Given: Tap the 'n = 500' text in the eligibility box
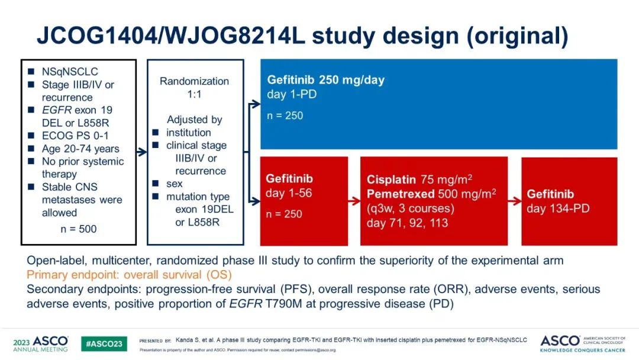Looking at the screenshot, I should pyautogui.click(x=79, y=229).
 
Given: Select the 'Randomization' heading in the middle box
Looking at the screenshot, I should pyautogui.click(x=194, y=81).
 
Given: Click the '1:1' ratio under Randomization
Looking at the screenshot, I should pyautogui.click(x=194, y=94).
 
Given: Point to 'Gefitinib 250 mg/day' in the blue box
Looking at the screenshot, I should pyautogui.click(x=330, y=80).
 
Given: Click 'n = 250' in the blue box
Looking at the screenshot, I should pyautogui.click(x=285, y=115).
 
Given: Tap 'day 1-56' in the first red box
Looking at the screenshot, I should pyautogui.click(x=289, y=193).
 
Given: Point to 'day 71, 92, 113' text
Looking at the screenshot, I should pyautogui.click(x=407, y=223).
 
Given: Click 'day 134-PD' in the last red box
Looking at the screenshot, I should pyautogui.click(x=558, y=208).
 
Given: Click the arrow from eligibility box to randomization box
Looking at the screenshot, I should pyautogui.click(x=141, y=152).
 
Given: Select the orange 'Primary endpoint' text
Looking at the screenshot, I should pyautogui.click(x=129, y=275).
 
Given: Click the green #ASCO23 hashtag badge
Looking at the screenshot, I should pyautogui.click(x=104, y=343).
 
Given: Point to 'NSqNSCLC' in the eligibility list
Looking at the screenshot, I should pyautogui.click(x=70, y=72).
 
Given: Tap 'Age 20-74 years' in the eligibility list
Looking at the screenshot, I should pyautogui.click(x=80, y=149).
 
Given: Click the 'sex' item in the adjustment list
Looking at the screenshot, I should pyautogui.click(x=175, y=184).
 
